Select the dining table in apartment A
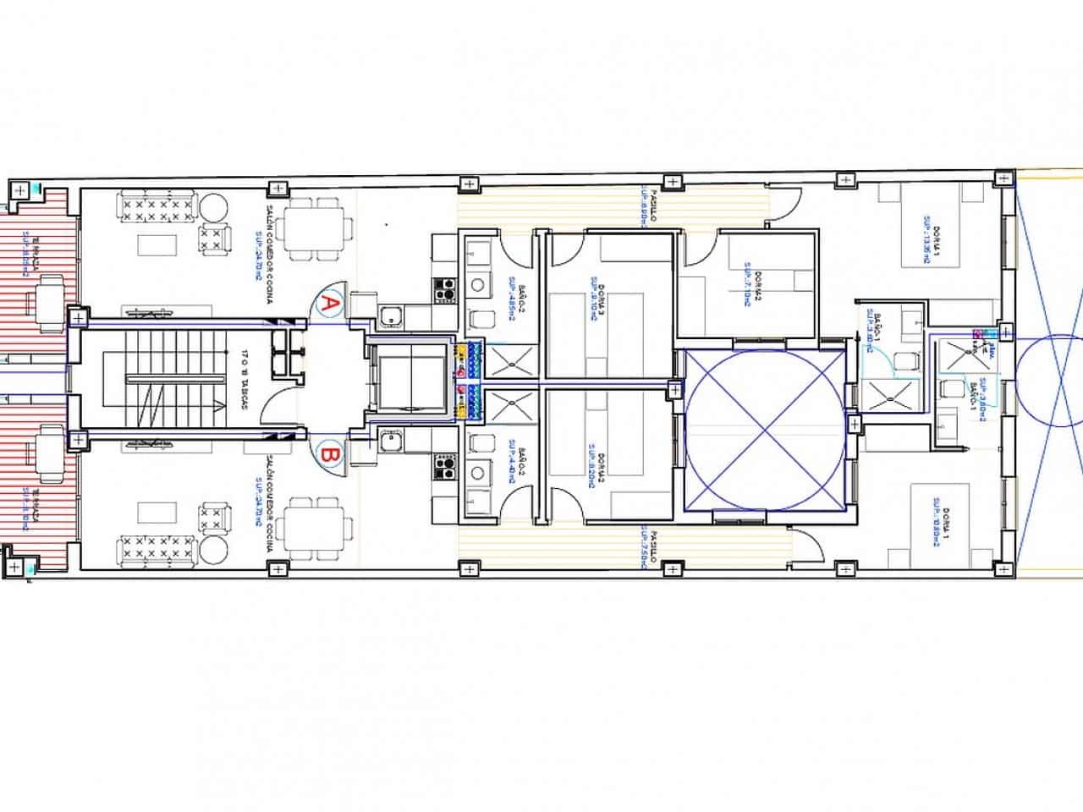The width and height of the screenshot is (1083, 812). (x=316, y=227)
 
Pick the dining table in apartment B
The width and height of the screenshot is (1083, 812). (x=316, y=529)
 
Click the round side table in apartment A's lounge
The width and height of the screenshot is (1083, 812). (x=213, y=206)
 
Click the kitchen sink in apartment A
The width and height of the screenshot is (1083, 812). (x=390, y=316)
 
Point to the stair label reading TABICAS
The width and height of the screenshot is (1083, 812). (x=244, y=379)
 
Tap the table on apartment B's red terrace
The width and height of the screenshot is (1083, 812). (x=48, y=444)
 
